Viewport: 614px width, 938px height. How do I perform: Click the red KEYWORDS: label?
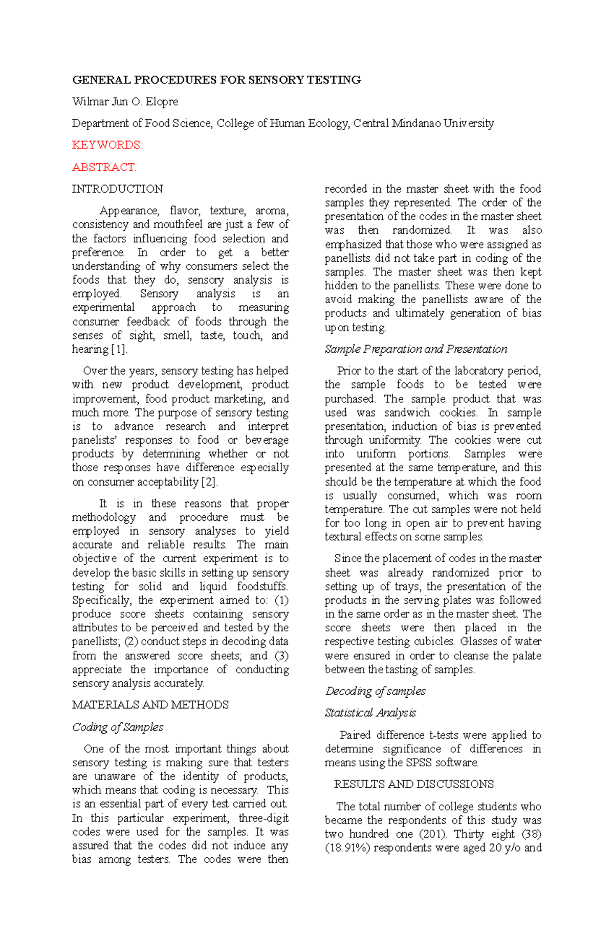coord(107,145)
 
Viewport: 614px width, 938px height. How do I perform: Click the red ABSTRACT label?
coord(104,167)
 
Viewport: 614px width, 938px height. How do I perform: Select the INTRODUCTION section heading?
coord(117,189)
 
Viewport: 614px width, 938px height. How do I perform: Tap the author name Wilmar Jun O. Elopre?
coord(125,102)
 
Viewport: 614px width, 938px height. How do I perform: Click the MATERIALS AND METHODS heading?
coord(150,705)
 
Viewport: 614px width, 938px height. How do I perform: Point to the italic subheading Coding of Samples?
coord(118,727)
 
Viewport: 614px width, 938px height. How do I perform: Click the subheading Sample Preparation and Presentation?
coord(415,349)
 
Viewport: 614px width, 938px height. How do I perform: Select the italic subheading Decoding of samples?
coord(375,691)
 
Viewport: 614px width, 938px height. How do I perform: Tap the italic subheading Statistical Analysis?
coord(370,713)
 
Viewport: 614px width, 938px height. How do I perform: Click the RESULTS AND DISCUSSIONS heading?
coord(413,784)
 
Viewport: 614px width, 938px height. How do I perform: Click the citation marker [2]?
coord(210,482)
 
